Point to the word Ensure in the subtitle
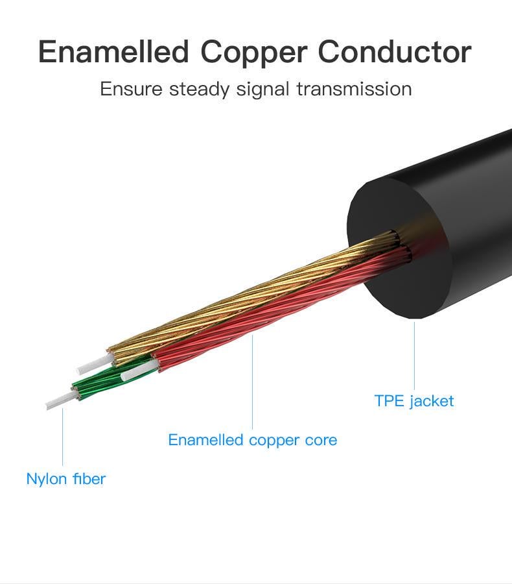pos(132,89)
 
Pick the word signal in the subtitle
pos(263,89)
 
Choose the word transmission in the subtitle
pos(354,89)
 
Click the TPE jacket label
pos(414,401)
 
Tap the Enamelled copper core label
pos(252,440)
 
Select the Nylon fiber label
pos(65,479)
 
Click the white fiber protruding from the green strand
pos(58,399)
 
